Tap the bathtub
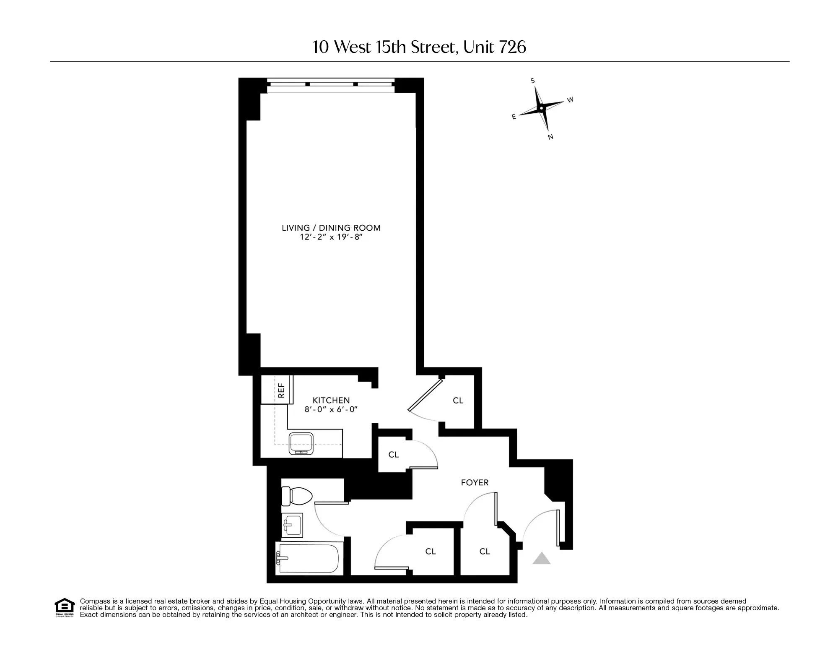[309, 558]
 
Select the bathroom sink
[292, 525]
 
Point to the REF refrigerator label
[281, 390]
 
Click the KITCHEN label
[331, 401]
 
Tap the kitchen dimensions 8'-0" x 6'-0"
[331, 410]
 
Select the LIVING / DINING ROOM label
[331, 228]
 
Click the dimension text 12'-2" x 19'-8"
[331, 237]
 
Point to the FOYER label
[475, 483]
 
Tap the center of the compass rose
[541, 109]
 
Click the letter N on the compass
[550, 137]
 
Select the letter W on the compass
[570, 100]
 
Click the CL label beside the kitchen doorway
[458, 401]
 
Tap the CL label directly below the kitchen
[393, 455]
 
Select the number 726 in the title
[512, 47]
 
